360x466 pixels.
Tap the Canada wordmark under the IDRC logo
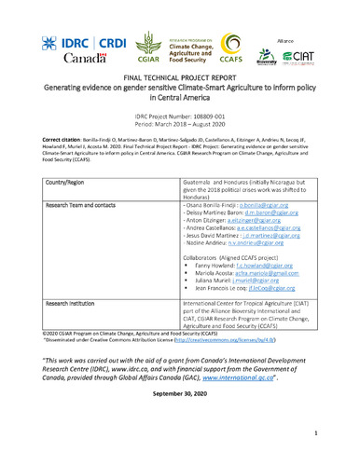[63, 63]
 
